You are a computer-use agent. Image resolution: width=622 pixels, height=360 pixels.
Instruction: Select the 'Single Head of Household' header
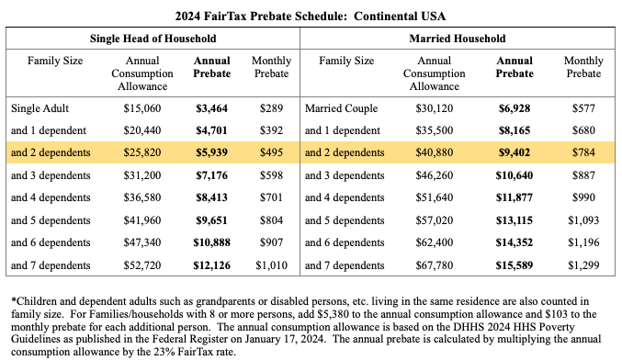pyautogui.click(x=153, y=39)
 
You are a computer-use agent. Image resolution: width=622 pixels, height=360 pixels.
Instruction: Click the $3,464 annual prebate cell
pyautogui.click(x=211, y=107)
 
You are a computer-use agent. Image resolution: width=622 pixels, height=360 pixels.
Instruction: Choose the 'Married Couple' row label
pyautogui.click(x=342, y=107)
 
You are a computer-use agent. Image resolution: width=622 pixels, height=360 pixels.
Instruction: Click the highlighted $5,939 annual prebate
pyautogui.click(x=211, y=152)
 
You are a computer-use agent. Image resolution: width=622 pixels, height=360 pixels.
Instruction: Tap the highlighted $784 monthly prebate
pyautogui.click(x=582, y=152)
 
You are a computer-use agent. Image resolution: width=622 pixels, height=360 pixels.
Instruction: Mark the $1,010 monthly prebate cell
pyautogui.click(x=270, y=266)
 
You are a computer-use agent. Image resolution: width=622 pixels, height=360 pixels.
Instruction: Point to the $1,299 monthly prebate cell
pyautogui.click(x=582, y=266)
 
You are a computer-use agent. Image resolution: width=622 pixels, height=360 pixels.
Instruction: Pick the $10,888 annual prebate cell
pyautogui.click(x=211, y=243)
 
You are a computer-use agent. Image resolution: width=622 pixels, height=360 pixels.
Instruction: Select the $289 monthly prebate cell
pyautogui.click(x=270, y=107)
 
